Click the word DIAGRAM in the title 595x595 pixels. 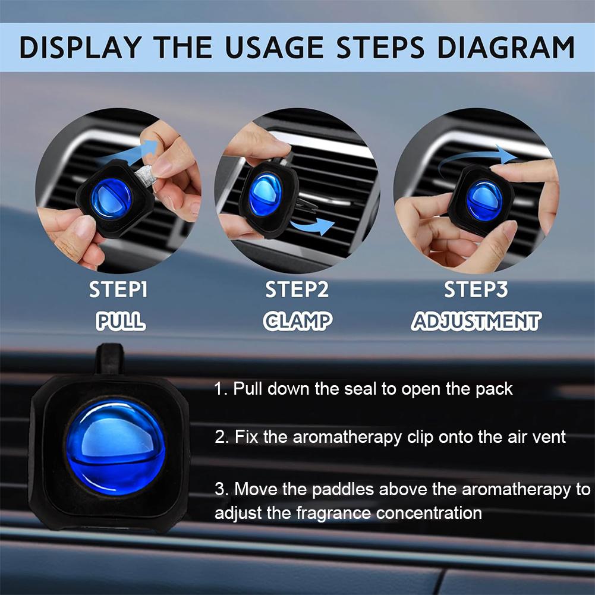pyautogui.click(x=505, y=48)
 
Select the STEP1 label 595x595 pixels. pyautogui.click(x=118, y=290)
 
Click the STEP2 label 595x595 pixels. pyautogui.click(x=297, y=290)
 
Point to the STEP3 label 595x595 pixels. pyautogui.click(x=476, y=290)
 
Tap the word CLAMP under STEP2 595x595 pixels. pyautogui.click(x=297, y=322)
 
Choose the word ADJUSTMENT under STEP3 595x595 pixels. pyautogui.click(x=476, y=322)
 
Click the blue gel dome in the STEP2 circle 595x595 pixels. pyautogui.click(x=265, y=194)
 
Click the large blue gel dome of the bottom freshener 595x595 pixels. pyautogui.click(x=115, y=448)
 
